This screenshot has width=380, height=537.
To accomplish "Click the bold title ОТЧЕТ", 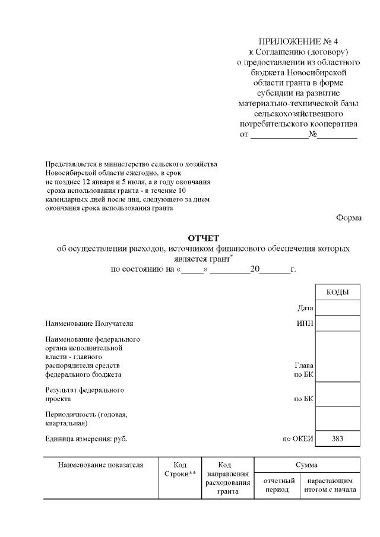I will click(x=203, y=238).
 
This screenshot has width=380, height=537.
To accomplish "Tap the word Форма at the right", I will click(x=349, y=218).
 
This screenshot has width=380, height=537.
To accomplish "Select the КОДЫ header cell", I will click(x=337, y=293).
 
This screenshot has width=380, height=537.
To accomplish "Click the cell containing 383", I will click(x=337, y=439).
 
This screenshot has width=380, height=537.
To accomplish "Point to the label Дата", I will click(x=305, y=308).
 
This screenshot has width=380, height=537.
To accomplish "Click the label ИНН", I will click(x=305, y=324).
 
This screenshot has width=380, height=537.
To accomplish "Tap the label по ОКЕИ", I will click(x=297, y=439).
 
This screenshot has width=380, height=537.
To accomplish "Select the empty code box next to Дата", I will click(x=337, y=308).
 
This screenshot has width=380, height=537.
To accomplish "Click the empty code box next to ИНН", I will click(x=337, y=324).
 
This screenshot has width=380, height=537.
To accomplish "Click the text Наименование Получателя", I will click(x=89, y=324).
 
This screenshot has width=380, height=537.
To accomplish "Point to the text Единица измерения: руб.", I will click(x=86, y=439).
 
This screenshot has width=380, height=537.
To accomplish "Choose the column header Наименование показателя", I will click(x=101, y=465).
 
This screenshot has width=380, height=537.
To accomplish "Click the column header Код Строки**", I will click(x=180, y=469).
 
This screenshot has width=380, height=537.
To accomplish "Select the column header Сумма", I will click(x=307, y=465).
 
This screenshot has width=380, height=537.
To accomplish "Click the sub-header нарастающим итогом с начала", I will click(x=330, y=485).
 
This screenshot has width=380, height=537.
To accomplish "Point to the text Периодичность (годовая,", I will click(x=86, y=414).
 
